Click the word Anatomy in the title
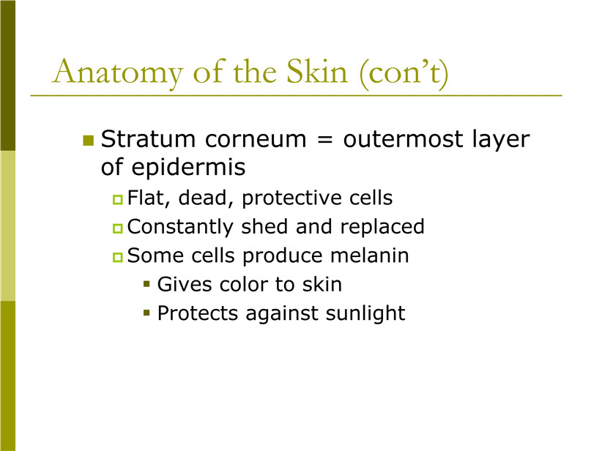tap(117, 72)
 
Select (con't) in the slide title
tap(404, 73)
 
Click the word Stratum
tap(148, 139)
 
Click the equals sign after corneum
tap(325, 140)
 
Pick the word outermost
tap(403, 139)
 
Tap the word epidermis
tap(188, 168)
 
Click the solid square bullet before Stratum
tap(89, 141)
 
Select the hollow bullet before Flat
tap(117, 200)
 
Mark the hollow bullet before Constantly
tap(117, 228)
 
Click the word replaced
tap(382, 227)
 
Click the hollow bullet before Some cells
tap(117, 257)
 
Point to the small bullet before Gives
tap(146, 284)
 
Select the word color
tap(244, 285)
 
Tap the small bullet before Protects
tap(146, 313)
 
